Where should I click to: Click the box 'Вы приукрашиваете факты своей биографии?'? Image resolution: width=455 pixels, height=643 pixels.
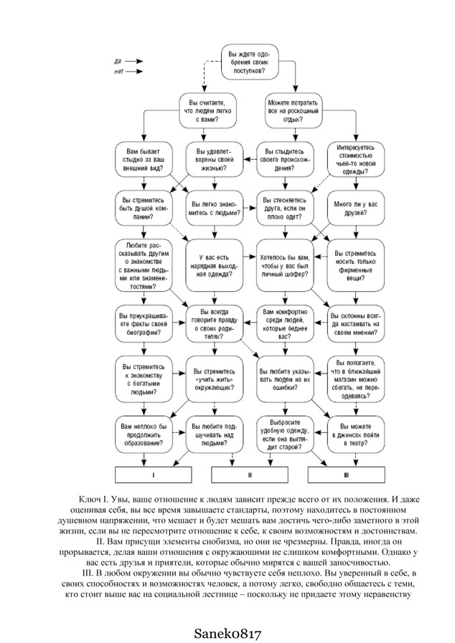click(x=144, y=323)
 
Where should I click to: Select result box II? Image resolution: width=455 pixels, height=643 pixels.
click(x=249, y=475)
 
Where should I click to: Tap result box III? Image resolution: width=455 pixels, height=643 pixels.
click(x=345, y=475)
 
